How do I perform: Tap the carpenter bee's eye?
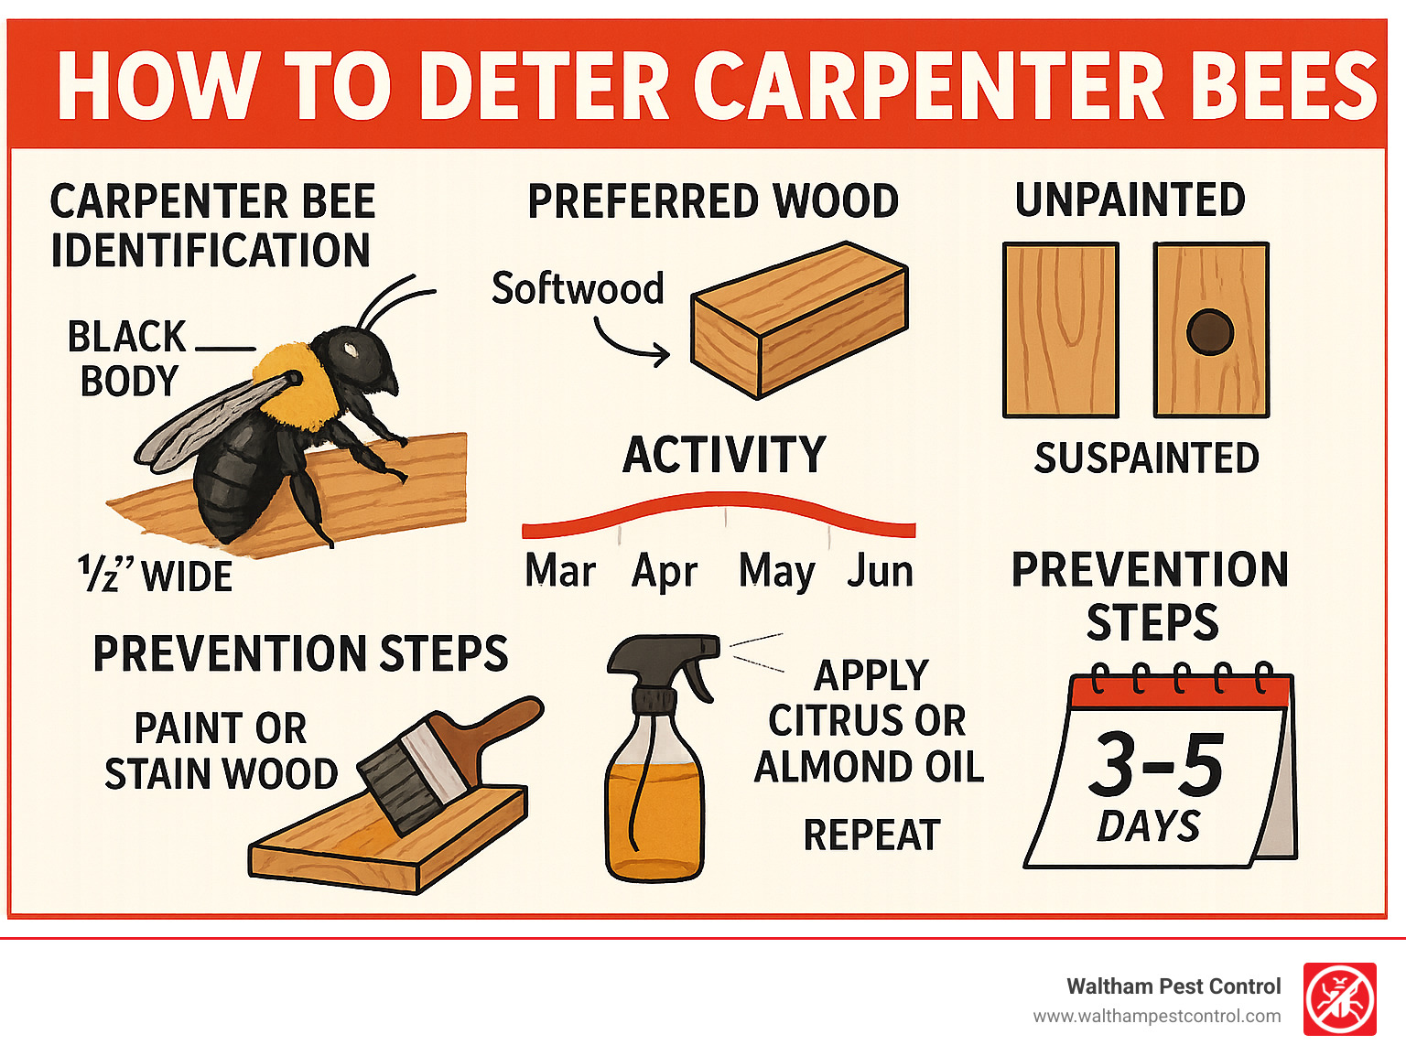[x=351, y=348]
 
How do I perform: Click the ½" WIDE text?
[x=156, y=576]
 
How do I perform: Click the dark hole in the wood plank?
[x=1209, y=332]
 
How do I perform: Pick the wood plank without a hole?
[x=1060, y=329]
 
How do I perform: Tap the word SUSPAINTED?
[x=1146, y=458]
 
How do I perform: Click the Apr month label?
[x=665, y=571]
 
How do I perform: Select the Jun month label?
[x=880, y=571]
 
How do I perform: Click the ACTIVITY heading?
[x=724, y=455]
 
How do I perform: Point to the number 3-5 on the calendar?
[x=1156, y=765]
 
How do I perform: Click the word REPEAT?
[x=871, y=835]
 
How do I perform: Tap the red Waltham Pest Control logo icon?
[x=1339, y=999]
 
